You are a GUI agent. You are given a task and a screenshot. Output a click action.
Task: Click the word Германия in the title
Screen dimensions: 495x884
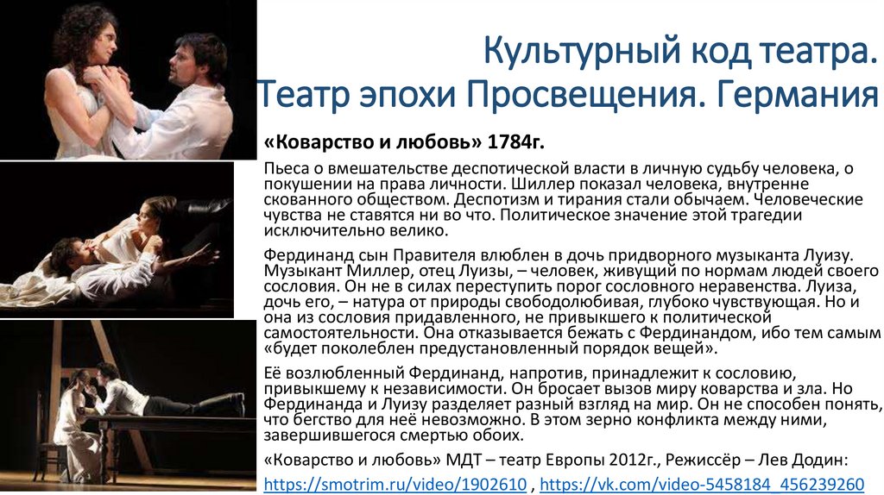tap(798, 92)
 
